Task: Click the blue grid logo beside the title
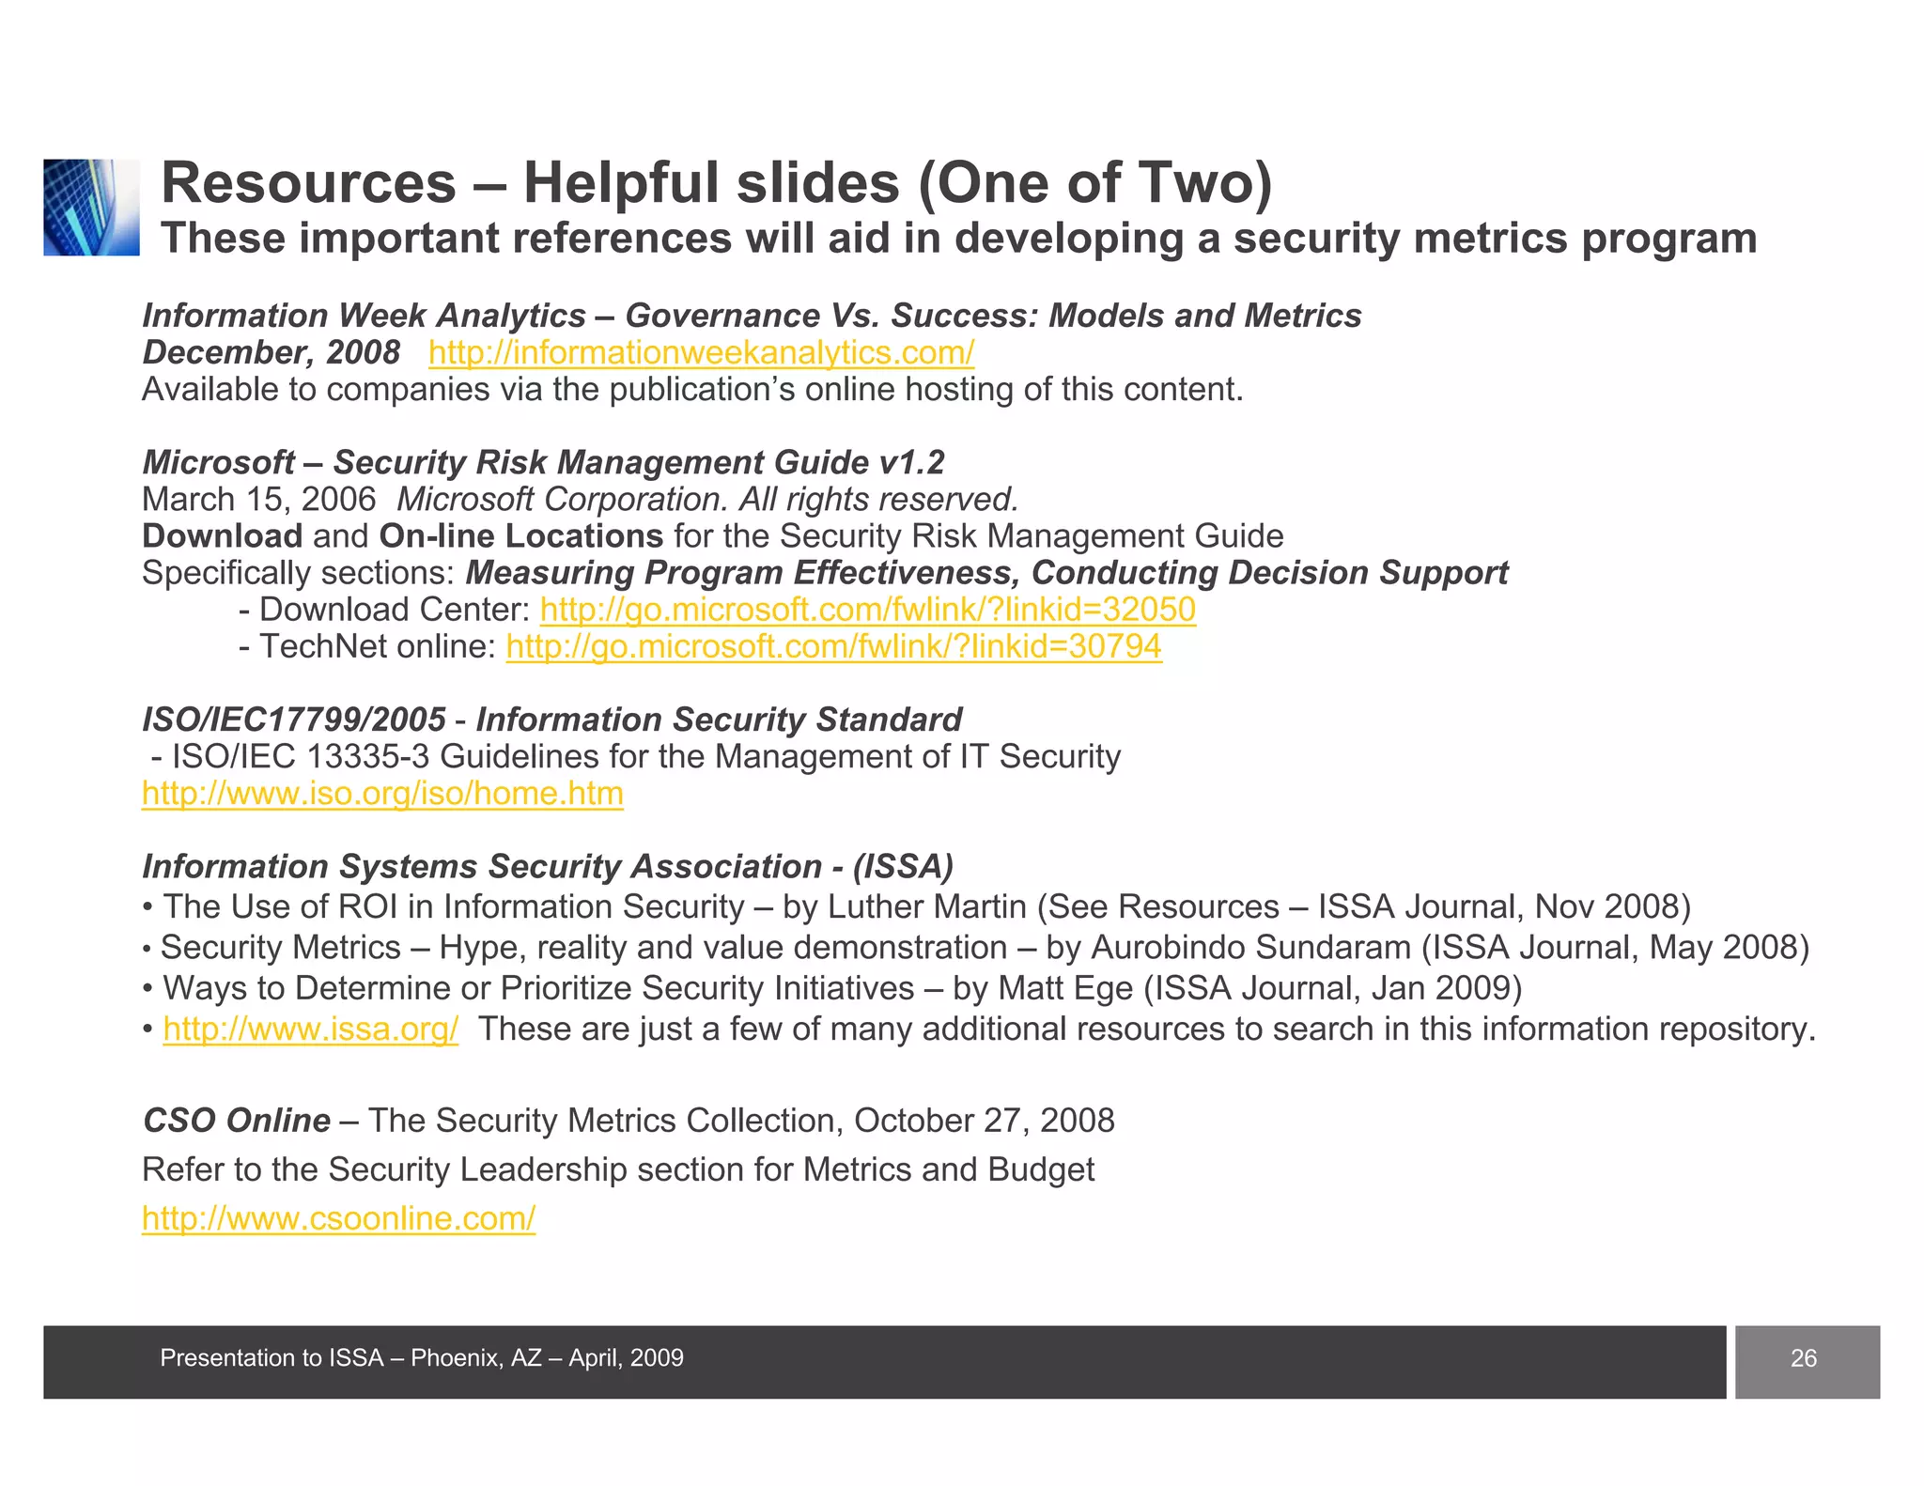[91, 208]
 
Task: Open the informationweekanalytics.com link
[701, 352]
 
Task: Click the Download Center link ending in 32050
[867, 610]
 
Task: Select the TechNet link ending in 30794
[833, 646]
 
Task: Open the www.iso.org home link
[382, 794]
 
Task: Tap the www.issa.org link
[310, 1029]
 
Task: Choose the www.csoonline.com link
[338, 1218]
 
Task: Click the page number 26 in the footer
[1803, 1358]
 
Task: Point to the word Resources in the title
[308, 182]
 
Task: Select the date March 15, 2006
[258, 500]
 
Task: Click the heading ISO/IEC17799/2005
[293, 720]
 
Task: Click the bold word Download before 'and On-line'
[222, 536]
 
